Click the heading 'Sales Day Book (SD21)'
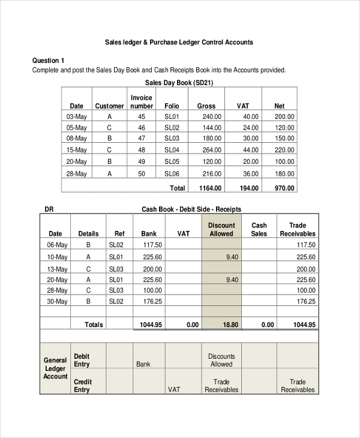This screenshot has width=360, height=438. [x=179, y=82]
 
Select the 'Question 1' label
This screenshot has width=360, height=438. [x=48, y=61]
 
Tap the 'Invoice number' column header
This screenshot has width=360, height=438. [x=142, y=101]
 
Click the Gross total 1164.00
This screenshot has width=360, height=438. [x=210, y=188]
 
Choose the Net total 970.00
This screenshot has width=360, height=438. [x=284, y=188]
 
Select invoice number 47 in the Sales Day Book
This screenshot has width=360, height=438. [x=142, y=139]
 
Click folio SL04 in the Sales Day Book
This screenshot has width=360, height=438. [x=172, y=150]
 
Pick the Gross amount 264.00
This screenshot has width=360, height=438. [x=211, y=150]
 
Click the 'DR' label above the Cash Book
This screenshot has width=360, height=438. [x=49, y=209]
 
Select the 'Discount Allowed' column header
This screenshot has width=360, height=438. [x=221, y=229]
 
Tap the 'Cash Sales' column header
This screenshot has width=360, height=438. [x=259, y=229]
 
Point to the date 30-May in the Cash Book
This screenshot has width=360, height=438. [x=58, y=301]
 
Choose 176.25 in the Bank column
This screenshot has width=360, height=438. [x=152, y=301]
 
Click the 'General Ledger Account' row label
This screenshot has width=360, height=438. [x=55, y=368]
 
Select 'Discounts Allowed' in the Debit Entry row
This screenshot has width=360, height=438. [x=221, y=360]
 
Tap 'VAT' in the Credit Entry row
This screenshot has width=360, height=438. [x=174, y=389]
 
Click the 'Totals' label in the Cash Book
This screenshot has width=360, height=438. [x=94, y=325]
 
